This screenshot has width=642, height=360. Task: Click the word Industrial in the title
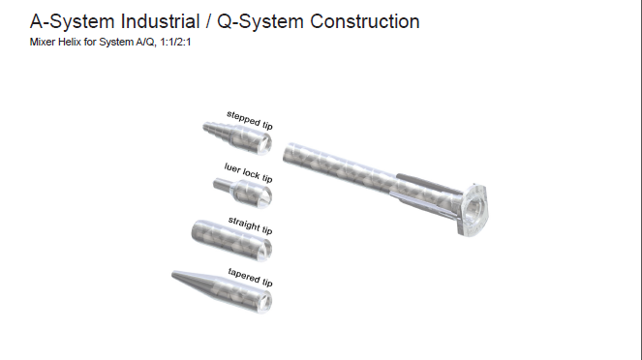pos(160,21)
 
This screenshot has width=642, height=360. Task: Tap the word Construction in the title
pos(365,21)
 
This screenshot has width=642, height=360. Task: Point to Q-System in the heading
pos(260,21)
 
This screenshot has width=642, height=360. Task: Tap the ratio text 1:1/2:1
pos(175,42)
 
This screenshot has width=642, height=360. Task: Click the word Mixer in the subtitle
pos(43,42)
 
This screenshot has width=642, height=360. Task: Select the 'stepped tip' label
pos(250,120)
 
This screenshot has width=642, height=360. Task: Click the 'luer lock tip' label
pos(248,172)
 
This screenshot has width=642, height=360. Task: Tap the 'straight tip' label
pos(250,225)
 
